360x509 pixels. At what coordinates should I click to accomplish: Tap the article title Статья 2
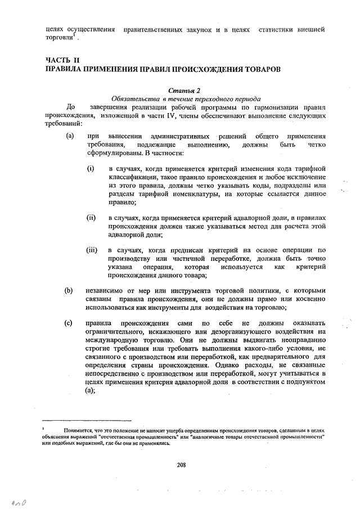(184, 89)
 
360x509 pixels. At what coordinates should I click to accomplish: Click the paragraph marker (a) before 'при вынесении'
(70, 136)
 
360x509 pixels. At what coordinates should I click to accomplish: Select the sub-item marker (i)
(91, 169)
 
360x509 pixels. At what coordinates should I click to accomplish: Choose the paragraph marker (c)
(70, 323)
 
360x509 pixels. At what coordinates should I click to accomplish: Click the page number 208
(181, 465)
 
